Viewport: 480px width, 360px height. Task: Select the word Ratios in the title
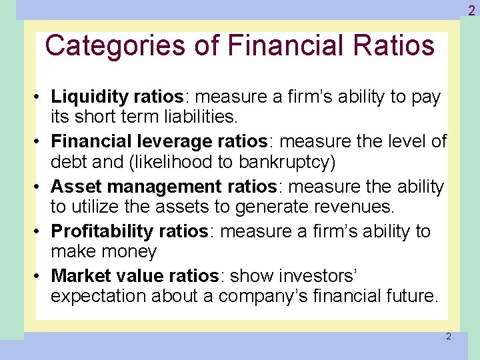pyautogui.click(x=399, y=45)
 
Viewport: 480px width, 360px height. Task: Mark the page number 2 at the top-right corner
pyautogui.click(x=471, y=9)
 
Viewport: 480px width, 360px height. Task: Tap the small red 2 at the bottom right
pyautogui.click(x=448, y=337)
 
